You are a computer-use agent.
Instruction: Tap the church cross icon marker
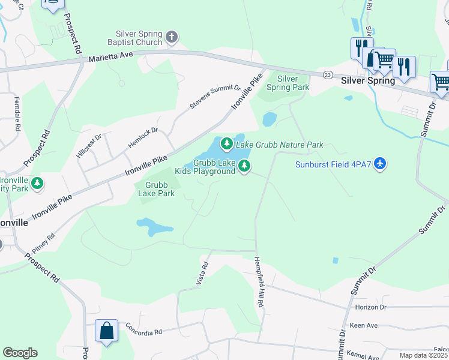pyautogui.click(x=172, y=38)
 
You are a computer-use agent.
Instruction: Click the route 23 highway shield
pyautogui.click(x=327, y=74)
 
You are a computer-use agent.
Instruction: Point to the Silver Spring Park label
pyautogui.click(x=287, y=83)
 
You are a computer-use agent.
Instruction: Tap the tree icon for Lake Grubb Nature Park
pyautogui.click(x=226, y=143)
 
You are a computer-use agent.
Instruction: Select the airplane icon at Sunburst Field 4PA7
pyautogui.click(x=379, y=164)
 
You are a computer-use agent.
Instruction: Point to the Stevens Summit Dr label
pyautogui.click(x=215, y=96)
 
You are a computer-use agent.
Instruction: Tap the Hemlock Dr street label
pyautogui.click(x=142, y=138)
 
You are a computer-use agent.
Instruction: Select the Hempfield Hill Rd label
pyautogui.click(x=259, y=282)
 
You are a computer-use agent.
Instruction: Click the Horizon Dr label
pyautogui.click(x=370, y=307)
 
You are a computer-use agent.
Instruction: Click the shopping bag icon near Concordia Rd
pyautogui.click(x=106, y=331)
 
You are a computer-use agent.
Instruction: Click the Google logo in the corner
pyautogui.click(x=20, y=353)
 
